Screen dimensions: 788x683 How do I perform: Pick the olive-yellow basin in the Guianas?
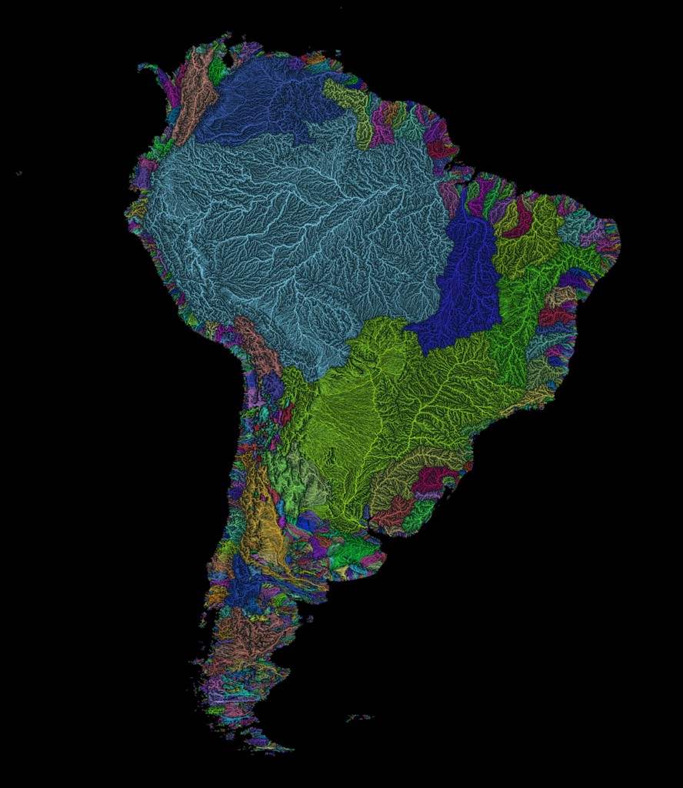354,108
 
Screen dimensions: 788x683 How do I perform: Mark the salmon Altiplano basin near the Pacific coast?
258,346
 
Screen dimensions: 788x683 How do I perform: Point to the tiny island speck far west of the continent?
19,173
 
